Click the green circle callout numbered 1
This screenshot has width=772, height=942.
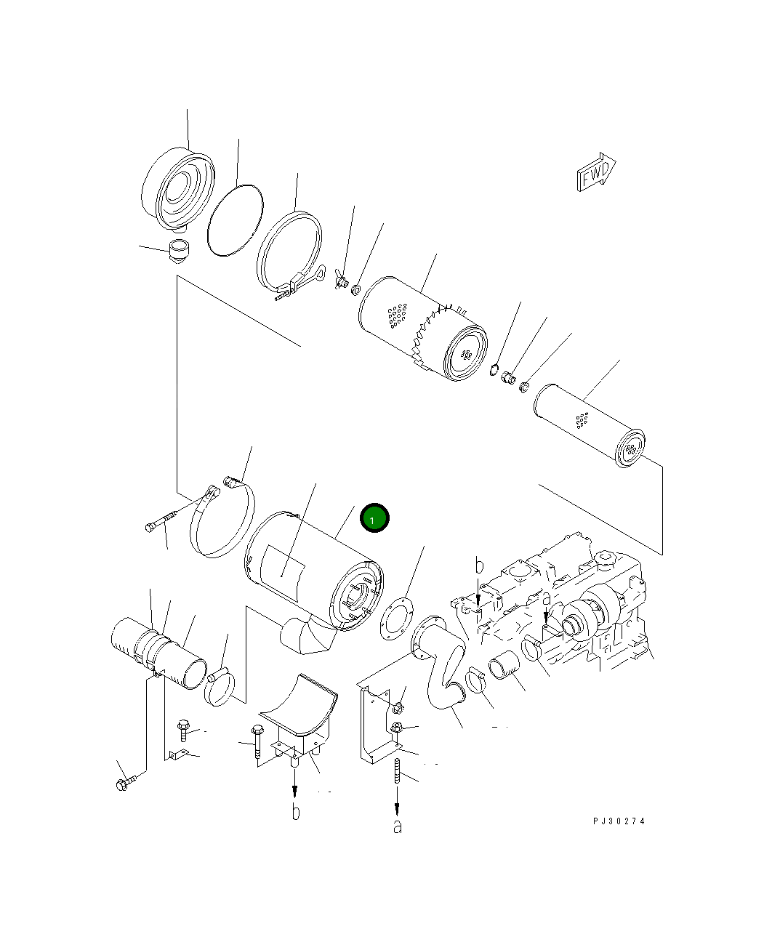click(375, 518)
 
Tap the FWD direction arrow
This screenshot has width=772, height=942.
click(596, 173)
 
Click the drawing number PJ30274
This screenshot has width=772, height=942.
click(618, 821)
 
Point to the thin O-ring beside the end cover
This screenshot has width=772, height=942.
click(234, 220)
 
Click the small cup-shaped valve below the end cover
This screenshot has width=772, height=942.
click(177, 251)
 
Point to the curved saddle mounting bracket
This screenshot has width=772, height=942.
click(298, 709)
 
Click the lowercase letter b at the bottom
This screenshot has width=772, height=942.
click(295, 812)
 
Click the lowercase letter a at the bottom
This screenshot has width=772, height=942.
click(397, 826)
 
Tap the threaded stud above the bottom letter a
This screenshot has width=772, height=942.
click(398, 770)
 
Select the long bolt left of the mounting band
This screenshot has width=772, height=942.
click(169, 518)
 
